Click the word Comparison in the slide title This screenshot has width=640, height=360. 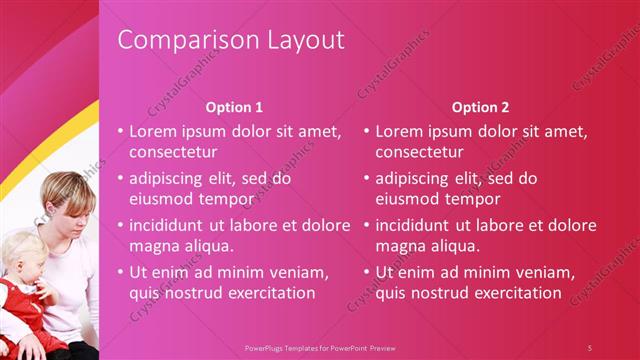click(x=176, y=40)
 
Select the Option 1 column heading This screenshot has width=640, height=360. click(x=234, y=107)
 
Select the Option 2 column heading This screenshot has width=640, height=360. click(x=480, y=107)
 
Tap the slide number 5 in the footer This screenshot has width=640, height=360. click(x=589, y=347)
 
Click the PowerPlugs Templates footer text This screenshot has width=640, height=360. click(x=319, y=347)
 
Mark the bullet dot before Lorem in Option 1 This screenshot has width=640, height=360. click(x=120, y=132)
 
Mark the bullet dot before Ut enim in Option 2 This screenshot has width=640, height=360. click(x=366, y=272)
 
